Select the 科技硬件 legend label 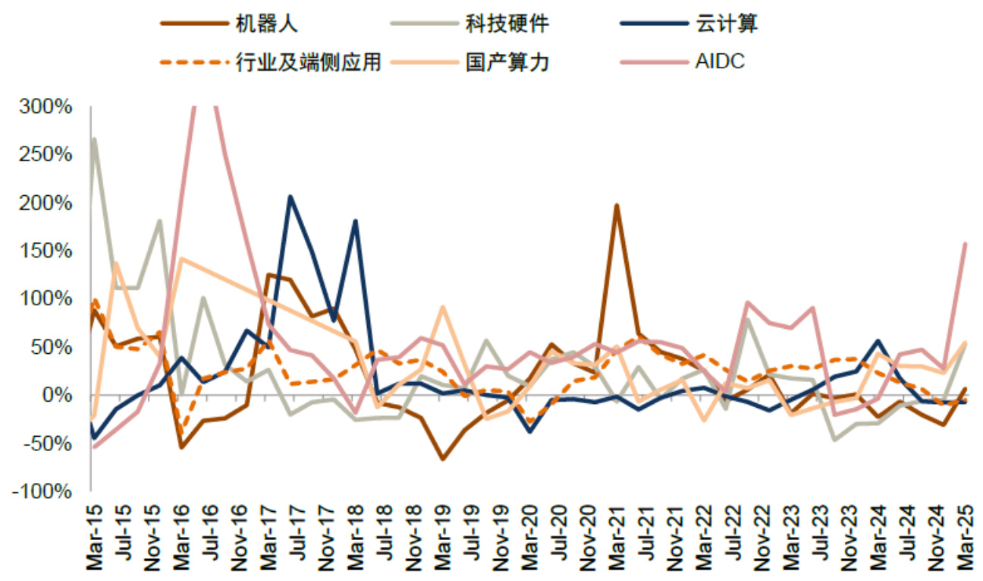click(506, 23)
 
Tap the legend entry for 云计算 click(727, 23)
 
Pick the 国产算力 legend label click(506, 62)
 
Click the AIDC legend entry click(720, 62)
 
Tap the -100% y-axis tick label click(42, 492)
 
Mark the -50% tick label click(47, 444)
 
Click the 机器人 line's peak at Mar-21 click(617, 205)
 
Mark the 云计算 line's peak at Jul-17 click(290, 197)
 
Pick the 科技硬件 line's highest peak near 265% click(94, 139)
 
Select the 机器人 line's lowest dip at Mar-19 click(442, 459)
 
